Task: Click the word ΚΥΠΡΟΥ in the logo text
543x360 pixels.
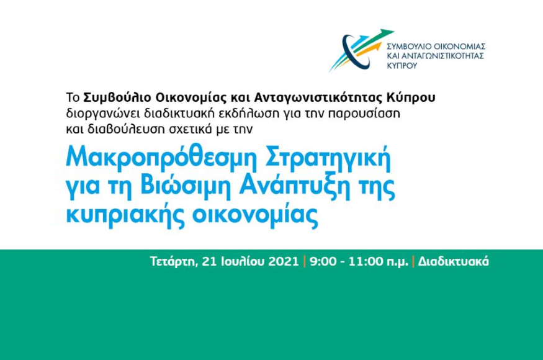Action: pos(402,65)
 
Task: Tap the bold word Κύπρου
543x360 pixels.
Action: pos(411,98)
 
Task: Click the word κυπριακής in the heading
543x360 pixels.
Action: pos(125,215)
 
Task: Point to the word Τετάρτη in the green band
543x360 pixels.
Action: pos(174,261)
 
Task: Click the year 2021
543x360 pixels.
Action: pos(284,261)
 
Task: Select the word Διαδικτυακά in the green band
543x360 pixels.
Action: pos(453,261)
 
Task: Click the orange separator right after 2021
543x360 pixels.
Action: pos(305,261)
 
